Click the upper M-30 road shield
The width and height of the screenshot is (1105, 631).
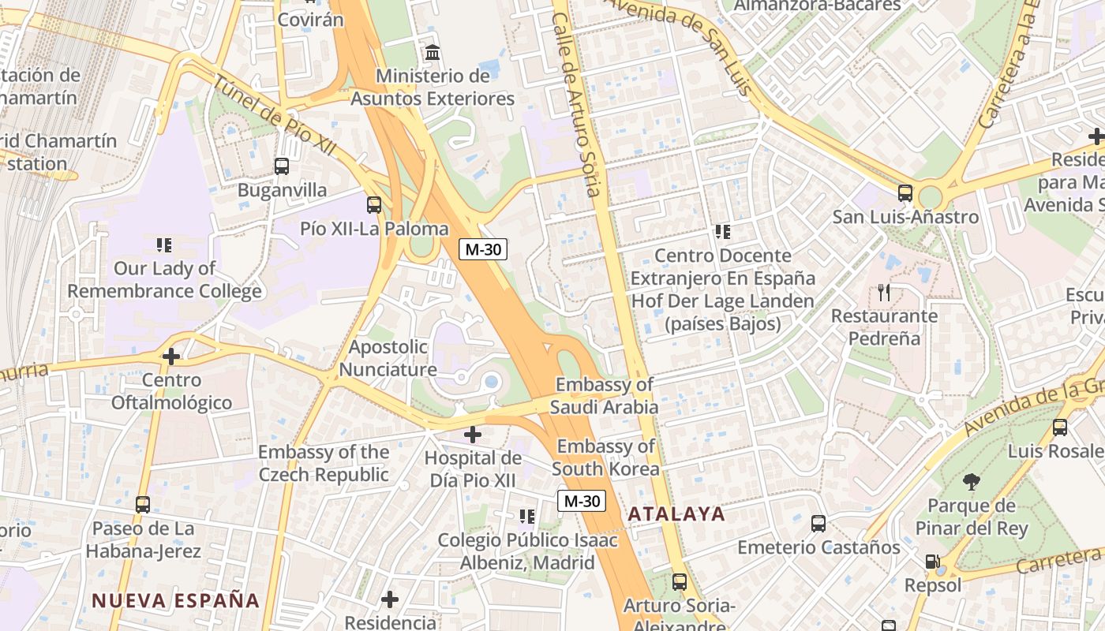tap(482, 249)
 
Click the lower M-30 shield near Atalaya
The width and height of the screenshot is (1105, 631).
tap(582, 501)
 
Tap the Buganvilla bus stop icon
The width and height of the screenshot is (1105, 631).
tap(282, 166)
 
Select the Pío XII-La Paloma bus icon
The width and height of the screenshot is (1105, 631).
tap(374, 205)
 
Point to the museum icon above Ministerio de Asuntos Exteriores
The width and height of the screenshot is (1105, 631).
tap(433, 53)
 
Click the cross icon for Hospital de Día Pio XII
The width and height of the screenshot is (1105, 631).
tap(473, 435)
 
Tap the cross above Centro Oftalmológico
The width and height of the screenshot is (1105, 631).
tap(171, 357)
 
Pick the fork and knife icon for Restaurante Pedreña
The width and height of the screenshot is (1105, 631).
tap(884, 293)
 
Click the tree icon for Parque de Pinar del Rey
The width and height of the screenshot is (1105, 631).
tap(972, 482)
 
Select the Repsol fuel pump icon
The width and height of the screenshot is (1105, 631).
tap(933, 562)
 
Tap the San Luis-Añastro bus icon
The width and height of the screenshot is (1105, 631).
tap(905, 193)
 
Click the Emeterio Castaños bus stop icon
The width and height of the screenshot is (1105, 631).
tap(818, 523)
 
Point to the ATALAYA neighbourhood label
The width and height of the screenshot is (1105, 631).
tap(676, 514)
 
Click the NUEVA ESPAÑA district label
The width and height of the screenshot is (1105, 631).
tap(176, 600)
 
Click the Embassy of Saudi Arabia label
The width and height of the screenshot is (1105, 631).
tap(604, 396)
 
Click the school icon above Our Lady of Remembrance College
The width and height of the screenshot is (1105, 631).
tap(164, 245)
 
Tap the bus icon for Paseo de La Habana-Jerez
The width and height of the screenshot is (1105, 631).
tap(143, 504)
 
